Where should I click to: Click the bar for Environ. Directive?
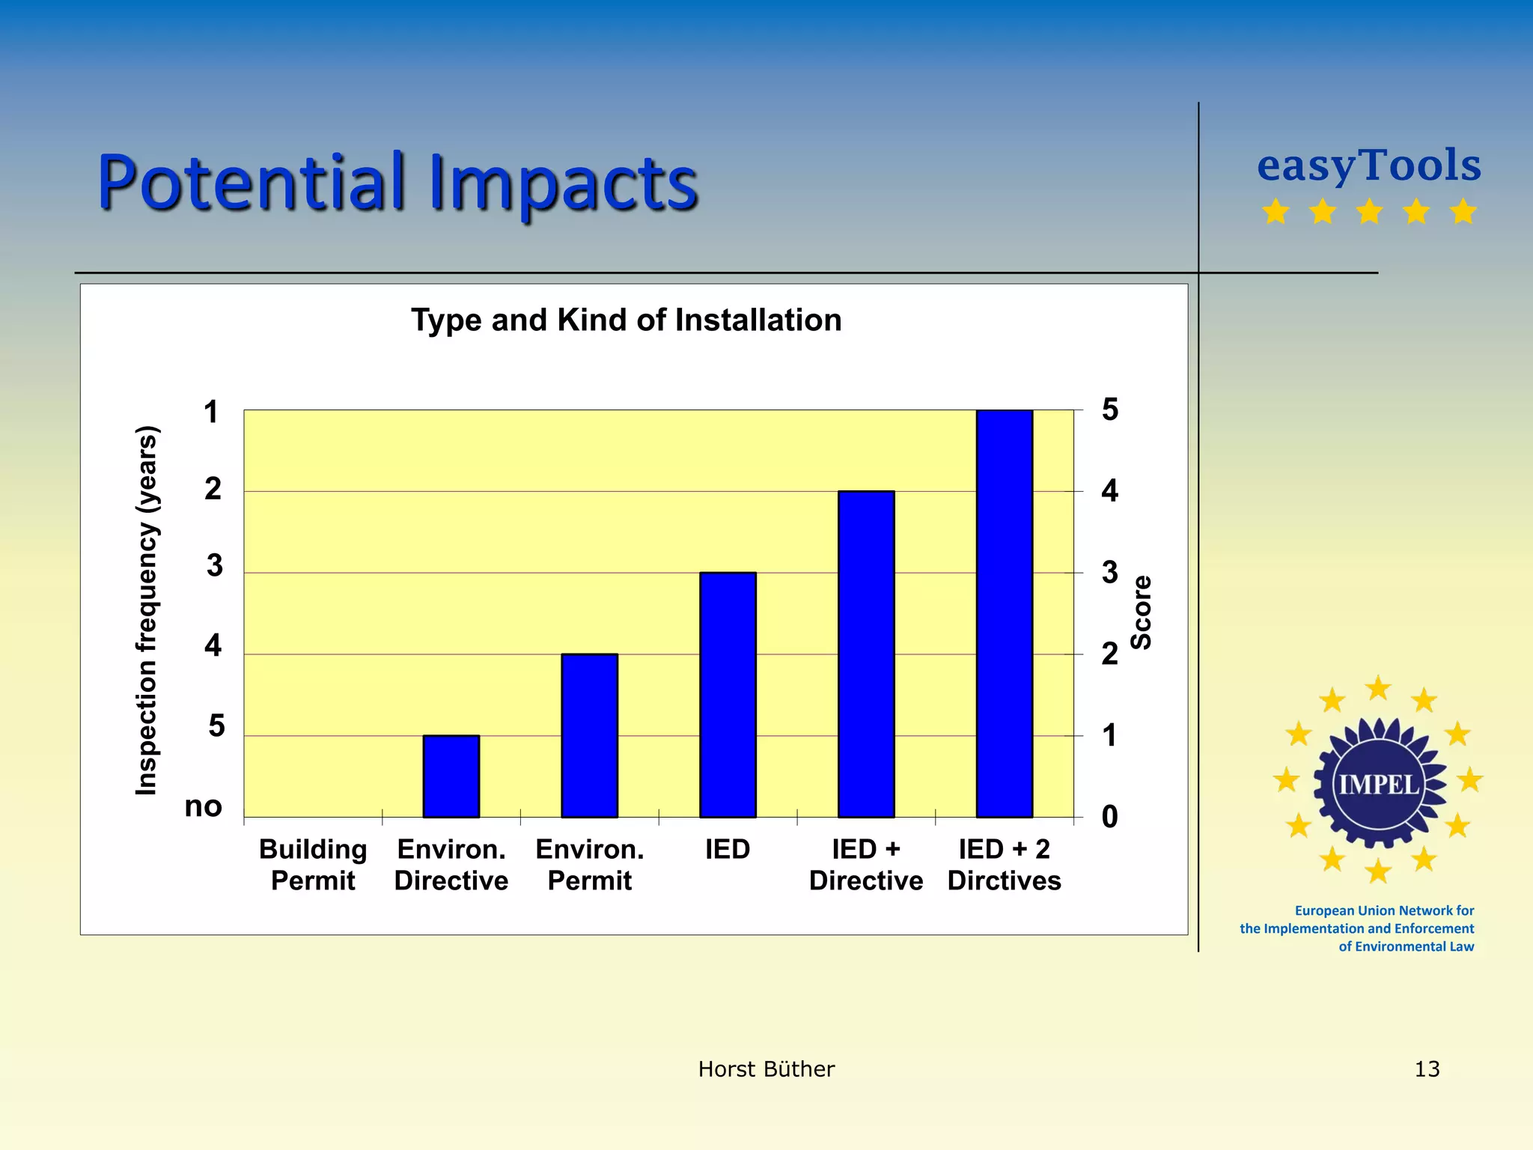(451, 776)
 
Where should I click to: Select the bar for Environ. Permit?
(589, 735)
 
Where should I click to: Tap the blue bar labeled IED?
(728, 695)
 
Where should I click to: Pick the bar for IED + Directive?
(866, 654)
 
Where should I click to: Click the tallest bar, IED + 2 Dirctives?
(1004, 613)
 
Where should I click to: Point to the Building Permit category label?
(313, 865)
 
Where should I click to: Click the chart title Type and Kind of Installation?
(626, 320)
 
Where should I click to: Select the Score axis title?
(1141, 612)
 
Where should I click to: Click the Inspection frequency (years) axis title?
(147, 610)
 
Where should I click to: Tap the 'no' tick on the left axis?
(203, 806)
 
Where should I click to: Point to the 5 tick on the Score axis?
(1109, 410)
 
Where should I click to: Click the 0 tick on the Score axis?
(1109, 817)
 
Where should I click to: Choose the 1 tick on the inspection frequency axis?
(211, 412)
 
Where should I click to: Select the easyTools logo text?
(1368, 165)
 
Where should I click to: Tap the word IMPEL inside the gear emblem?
(1378, 784)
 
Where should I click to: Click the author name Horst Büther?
(766, 1069)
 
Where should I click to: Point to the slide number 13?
(1427, 1069)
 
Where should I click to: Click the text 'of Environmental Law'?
(1406, 946)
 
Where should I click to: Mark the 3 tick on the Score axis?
(1109, 573)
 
